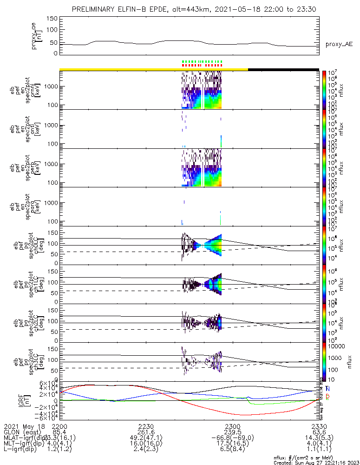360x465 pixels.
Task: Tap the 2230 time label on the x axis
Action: (146, 426)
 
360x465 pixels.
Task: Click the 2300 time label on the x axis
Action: (232, 426)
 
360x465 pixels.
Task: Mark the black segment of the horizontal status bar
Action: (283, 69)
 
